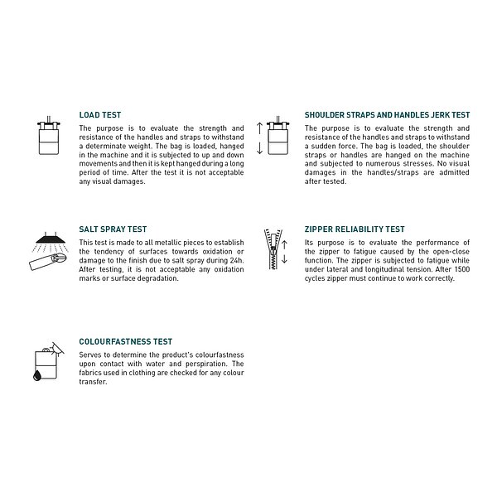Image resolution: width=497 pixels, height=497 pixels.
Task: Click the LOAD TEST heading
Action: [100, 115]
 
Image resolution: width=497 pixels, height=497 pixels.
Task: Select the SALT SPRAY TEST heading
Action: [113, 229]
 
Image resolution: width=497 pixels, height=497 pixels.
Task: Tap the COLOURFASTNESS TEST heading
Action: [126, 341]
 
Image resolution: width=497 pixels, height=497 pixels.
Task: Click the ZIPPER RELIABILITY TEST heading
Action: [355, 229]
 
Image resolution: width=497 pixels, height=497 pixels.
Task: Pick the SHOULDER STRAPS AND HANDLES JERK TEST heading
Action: [388, 115]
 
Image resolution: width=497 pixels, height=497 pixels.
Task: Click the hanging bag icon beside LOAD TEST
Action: [49, 136]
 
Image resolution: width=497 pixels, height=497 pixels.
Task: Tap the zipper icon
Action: [273, 249]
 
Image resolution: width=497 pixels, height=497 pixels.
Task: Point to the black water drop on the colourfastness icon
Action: [37, 375]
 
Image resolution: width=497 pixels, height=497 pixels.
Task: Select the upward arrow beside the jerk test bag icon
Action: [259, 128]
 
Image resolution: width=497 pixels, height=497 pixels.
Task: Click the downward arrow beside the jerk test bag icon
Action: [259, 148]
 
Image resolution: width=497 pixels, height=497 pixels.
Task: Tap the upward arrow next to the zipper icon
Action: [284, 244]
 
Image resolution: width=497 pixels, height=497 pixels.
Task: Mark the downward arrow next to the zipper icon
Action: [284, 259]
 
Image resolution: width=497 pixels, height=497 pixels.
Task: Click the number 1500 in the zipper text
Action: [462, 269]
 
